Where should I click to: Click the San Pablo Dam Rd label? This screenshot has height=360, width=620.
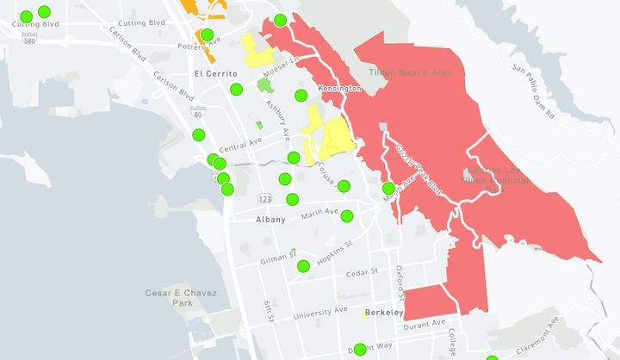point(541,90)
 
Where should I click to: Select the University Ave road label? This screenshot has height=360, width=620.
point(320,311)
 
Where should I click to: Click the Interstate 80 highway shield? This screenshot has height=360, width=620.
point(199,113)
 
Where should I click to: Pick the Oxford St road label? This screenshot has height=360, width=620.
point(400,282)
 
